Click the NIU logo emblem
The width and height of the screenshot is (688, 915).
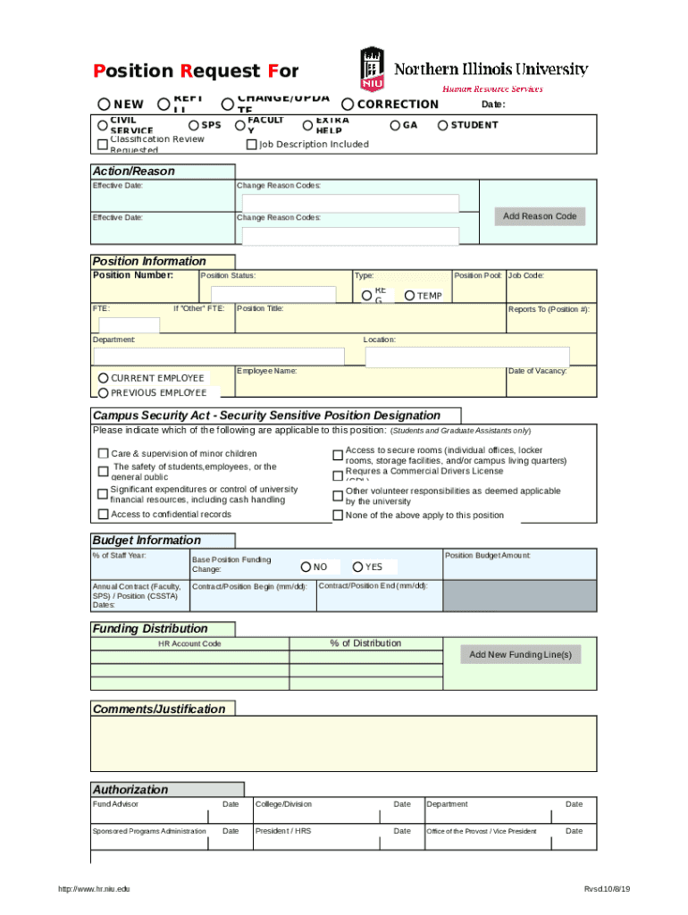click(x=372, y=69)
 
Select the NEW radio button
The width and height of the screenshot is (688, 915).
click(x=105, y=105)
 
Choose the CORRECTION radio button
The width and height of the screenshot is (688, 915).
click(x=348, y=105)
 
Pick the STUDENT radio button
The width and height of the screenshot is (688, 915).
click(x=442, y=126)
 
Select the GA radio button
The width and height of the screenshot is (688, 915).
click(x=395, y=126)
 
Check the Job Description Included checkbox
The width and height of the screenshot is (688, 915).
click(x=251, y=145)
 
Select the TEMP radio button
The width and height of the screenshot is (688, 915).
click(x=409, y=296)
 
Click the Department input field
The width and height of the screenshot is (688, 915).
click(x=218, y=357)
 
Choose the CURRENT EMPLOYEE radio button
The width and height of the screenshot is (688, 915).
click(x=104, y=378)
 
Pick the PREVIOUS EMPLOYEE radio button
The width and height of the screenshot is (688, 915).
click(x=104, y=393)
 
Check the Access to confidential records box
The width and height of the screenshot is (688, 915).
click(x=103, y=515)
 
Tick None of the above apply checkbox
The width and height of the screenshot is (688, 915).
click(x=338, y=516)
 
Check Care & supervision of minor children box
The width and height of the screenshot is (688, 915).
click(x=103, y=454)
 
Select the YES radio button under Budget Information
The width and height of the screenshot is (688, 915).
click(x=357, y=567)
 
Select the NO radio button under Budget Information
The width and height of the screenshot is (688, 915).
click(x=306, y=567)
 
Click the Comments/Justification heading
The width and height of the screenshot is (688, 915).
click(x=159, y=709)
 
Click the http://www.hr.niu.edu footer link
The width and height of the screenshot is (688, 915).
click(x=94, y=889)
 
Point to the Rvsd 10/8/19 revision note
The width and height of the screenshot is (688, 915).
click(x=607, y=889)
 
